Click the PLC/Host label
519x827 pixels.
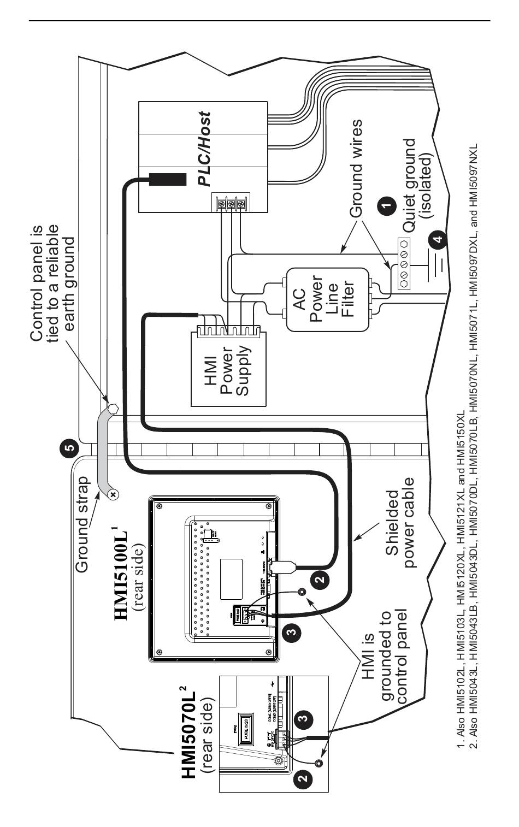203,149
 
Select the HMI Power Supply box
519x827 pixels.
228,369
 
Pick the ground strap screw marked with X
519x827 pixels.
114,494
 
